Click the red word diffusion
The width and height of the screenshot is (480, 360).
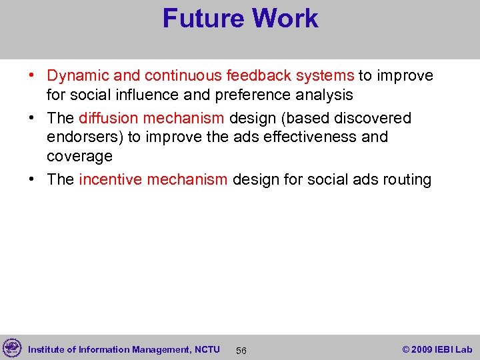(x=107, y=119)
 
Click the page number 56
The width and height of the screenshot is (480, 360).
(x=241, y=351)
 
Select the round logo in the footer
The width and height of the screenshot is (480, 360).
(x=12, y=348)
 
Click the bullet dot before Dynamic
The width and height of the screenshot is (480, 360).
(x=33, y=77)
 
